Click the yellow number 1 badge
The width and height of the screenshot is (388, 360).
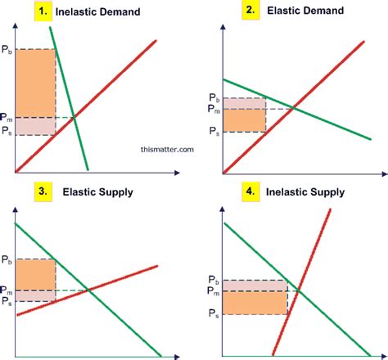click(43, 11)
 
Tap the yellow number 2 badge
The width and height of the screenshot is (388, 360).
click(250, 11)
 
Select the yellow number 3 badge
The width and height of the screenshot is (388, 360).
click(43, 191)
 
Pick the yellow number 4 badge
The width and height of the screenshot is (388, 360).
click(250, 191)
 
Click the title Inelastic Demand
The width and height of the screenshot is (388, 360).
click(97, 11)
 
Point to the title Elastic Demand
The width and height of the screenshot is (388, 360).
click(305, 11)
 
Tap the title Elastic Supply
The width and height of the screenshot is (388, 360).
click(97, 192)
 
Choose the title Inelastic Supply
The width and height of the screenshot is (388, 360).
click(305, 192)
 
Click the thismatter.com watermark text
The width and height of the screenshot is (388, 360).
click(167, 150)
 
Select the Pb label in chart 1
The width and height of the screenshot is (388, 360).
click(7, 50)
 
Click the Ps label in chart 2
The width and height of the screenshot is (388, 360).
click(214, 132)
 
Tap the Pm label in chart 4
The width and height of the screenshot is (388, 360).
click(214, 291)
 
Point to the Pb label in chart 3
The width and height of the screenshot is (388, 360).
click(7, 259)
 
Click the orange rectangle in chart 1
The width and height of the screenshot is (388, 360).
click(35, 83)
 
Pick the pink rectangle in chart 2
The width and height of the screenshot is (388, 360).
click(245, 104)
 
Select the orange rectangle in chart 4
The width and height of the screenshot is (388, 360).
click(255, 303)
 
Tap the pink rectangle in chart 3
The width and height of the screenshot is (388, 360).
click(35, 296)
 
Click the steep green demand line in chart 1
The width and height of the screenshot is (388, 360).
click(69, 98)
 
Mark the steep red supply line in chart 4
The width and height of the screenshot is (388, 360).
click(301, 282)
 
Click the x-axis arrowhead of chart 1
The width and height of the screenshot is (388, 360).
click(177, 173)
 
